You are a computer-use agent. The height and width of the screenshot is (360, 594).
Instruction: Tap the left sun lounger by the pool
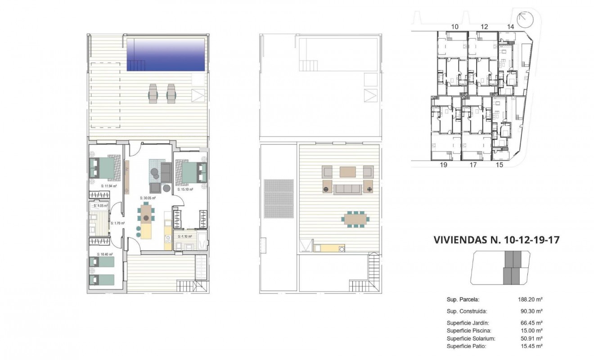click(x=153, y=93)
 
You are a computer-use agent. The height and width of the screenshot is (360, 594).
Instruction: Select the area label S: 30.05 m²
click(x=148, y=198)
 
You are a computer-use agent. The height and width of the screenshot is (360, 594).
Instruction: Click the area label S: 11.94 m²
click(x=108, y=185)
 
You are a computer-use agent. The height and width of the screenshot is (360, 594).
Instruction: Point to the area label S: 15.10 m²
click(x=185, y=190)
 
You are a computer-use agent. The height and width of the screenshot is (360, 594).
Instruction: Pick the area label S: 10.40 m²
click(x=105, y=254)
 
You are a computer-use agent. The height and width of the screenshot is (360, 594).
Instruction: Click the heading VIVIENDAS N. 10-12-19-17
click(x=496, y=240)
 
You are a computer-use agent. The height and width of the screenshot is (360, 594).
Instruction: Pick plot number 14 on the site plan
click(x=510, y=27)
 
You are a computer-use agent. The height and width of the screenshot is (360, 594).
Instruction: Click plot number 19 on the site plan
click(x=443, y=165)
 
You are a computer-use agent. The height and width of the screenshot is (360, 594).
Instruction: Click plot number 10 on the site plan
click(x=454, y=27)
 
